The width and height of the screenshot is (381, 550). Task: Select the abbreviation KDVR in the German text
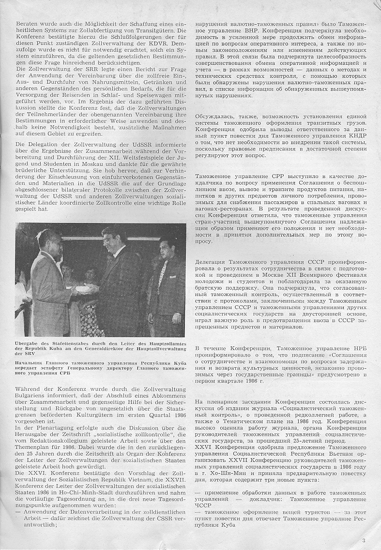click(166, 43)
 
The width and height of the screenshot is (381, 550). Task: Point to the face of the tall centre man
click(111, 240)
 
